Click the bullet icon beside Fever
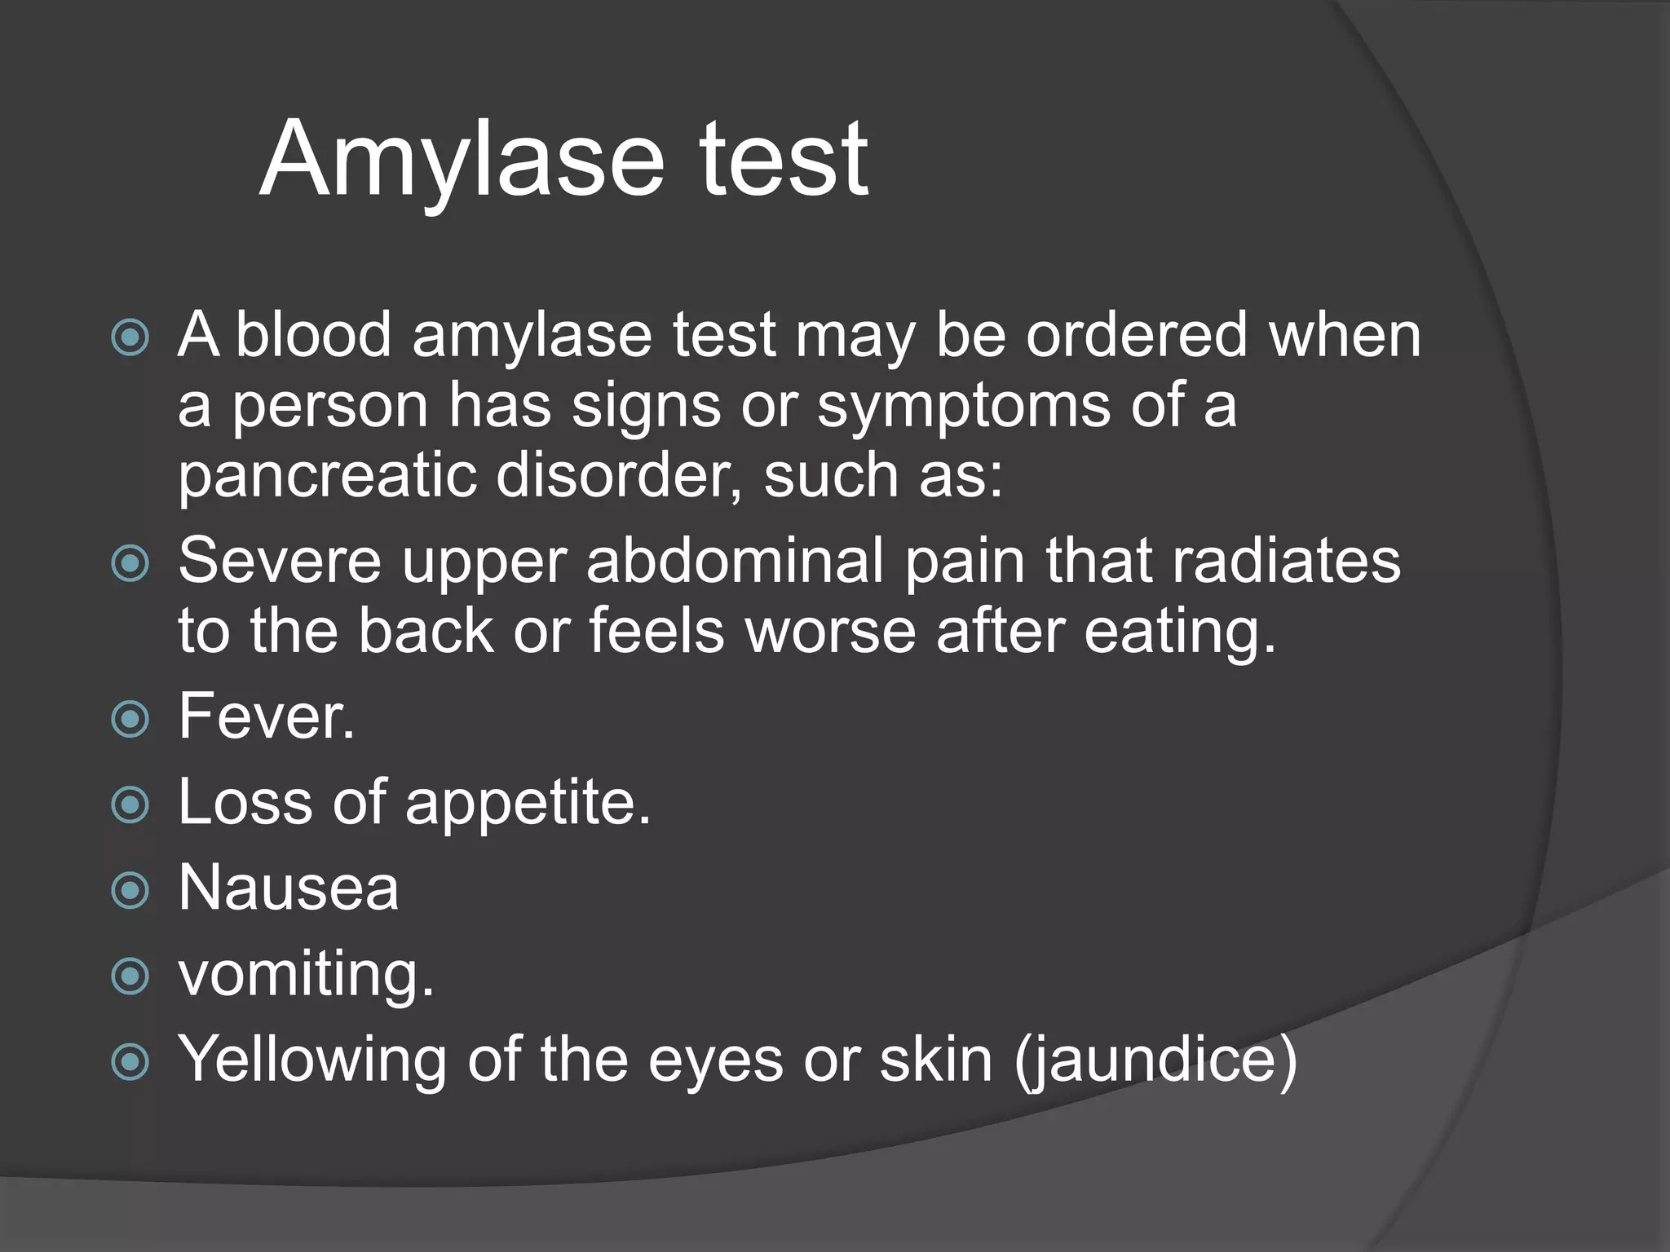pyautogui.click(x=130, y=719)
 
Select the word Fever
pyautogui.click(x=267, y=716)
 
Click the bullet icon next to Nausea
pyautogui.click(x=130, y=890)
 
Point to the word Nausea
pyautogui.click(x=289, y=888)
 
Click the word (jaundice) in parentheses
pyautogui.click(x=1155, y=1060)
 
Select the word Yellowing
pyautogui.click(x=312, y=1060)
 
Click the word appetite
pyautogui.click(x=528, y=803)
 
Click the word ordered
pyautogui.click(x=1137, y=335)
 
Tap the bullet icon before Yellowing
pyautogui.click(x=130, y=1062)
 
